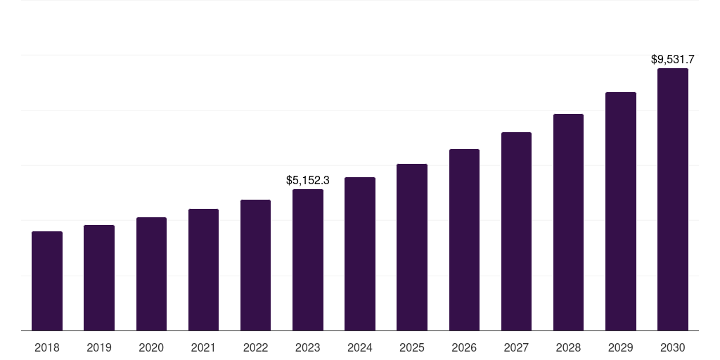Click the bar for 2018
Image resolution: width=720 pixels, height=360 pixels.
[x=47, y=281]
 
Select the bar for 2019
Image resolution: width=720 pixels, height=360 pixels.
[x=99, y=278]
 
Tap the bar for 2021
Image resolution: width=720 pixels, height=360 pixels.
[x=203, y=269]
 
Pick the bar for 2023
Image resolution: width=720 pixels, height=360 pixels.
[x=308, y=259]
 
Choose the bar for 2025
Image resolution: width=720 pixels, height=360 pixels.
[x=412, y=247]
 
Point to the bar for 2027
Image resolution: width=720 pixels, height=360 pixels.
[x=516, y=231]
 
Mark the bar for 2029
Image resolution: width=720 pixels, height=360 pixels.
[x=620, y=211]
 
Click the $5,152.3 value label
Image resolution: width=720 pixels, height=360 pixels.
[x=308, y=181]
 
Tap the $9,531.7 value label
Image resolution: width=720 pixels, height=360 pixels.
[x=673, y=60]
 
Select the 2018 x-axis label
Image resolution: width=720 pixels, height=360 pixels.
[x=47, y=347]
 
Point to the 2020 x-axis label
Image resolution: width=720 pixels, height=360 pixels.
[x=151, y=347]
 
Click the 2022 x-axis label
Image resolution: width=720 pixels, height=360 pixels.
[x=255, y=347]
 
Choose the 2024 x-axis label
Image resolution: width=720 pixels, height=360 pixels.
[x=360, y=347]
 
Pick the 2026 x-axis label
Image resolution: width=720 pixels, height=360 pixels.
[x=464, y=347]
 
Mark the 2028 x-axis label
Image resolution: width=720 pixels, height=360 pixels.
[x=568, y=347]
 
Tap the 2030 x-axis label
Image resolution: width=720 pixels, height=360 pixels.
[x=673, y=347]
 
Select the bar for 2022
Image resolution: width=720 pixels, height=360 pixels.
[x=255, y=265]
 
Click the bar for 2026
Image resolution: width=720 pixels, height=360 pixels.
[x=464, y=240]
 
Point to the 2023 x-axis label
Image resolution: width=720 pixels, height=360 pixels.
[x=308, y=347]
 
